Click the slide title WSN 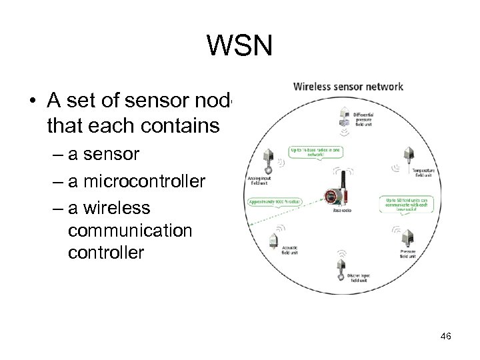239,46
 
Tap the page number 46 445,337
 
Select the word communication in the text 130,231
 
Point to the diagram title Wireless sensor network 349,86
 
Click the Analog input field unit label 261,181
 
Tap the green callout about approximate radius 275,201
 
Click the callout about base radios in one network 314,151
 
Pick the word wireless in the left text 110,208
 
